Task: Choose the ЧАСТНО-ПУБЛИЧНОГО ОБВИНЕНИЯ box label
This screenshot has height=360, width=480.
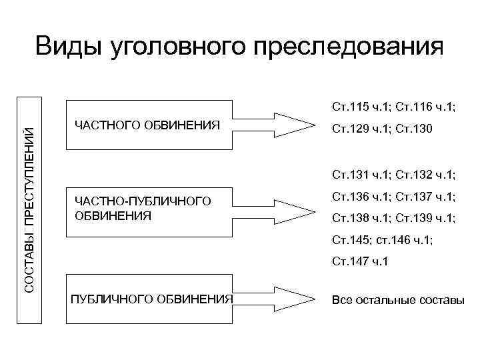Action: (x=143, y=208)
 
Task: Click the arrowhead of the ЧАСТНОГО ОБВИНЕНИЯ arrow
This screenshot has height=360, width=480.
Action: (x=300, y=124)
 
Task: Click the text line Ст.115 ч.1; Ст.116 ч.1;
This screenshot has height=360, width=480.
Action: (x=393, y=105)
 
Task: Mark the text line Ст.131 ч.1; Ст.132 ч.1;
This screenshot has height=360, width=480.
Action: (x=393, y=175)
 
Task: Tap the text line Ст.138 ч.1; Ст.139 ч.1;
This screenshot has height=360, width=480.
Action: (x=393, y=217)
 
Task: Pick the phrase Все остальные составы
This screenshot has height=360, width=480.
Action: (x=397, y=300)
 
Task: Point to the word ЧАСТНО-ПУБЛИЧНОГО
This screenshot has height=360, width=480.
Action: (x=143, y=201)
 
